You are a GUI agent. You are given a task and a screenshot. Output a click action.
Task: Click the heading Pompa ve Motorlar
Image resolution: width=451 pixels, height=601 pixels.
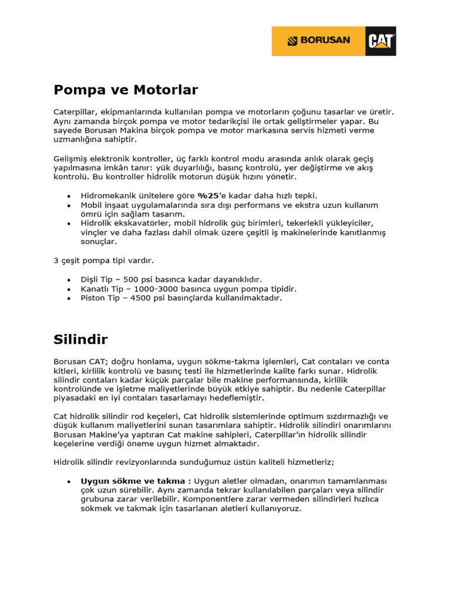(x=126, y=90)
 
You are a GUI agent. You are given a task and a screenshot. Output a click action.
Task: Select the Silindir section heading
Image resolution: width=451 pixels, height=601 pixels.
(x=80, y=339)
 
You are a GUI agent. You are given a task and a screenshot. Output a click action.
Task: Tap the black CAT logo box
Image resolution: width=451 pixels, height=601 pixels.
(x=381, y=41)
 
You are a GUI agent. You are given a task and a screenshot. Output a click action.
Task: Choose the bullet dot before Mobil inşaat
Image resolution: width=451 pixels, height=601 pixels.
(x=69, y=205)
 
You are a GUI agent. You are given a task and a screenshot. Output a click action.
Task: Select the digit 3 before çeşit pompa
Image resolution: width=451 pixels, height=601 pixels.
(x=56, y=261)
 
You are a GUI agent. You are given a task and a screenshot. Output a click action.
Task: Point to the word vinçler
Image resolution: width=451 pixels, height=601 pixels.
(x=95, y=232)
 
